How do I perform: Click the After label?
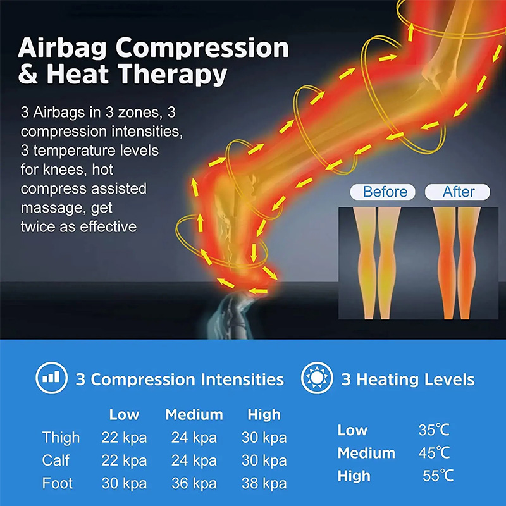click(459, 192)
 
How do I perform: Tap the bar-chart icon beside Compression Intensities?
click(52, 379)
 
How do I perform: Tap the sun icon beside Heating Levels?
click(318, 379)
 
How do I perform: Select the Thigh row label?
click(61, 438)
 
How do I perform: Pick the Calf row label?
click(56, 460)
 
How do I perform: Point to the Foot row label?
click(58, 484)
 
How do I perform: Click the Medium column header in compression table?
click(194, 415)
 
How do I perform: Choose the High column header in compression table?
click(264, 415)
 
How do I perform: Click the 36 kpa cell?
click(194, 484)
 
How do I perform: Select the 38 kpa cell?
click(264, 484)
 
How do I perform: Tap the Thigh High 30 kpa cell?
click(264, 438)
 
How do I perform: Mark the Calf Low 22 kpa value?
click(124, 460)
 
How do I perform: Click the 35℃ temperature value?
click(434, 430)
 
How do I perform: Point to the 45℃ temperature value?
click(434, 453)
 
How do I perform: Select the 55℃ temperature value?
click(438, 476)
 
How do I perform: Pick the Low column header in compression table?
click(124, 415)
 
